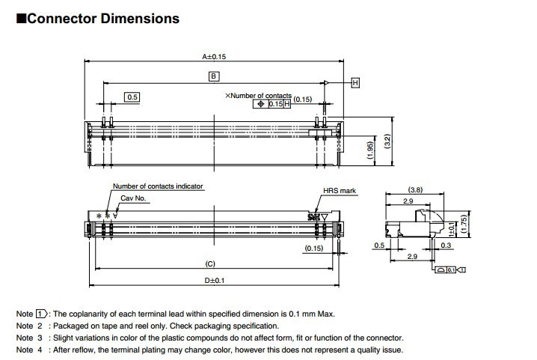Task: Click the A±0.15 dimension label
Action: pos(214,56)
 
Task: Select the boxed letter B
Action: pos(213,76)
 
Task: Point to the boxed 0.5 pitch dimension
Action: pos(132,97)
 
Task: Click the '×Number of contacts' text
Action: pos(259,96)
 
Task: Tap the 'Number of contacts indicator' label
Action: pos(158,186)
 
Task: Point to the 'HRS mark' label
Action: pos(340,191)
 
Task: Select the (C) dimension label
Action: pos(210,264)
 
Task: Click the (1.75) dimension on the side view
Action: pos(464,223)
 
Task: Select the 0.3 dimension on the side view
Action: pos(446,245)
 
